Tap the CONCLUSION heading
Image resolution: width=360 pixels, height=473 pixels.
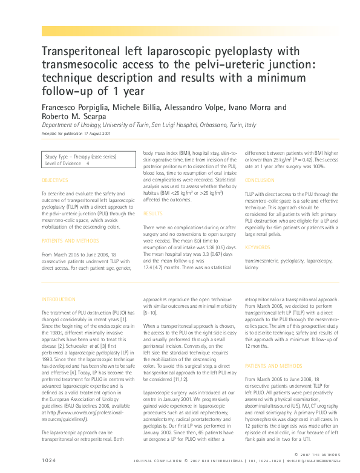tap(260, 181)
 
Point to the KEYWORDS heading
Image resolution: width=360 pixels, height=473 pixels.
tap(257, 247)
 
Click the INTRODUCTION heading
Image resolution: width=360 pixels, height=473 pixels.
tap(57, 299)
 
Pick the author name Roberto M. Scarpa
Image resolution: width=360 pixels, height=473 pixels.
tap(70, 116)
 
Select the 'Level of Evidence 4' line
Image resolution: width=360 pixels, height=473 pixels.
tap(67, 163)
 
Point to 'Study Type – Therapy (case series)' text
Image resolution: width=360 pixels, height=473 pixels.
tap(81, 157)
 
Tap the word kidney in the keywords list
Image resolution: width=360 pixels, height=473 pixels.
tap(252, 266)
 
